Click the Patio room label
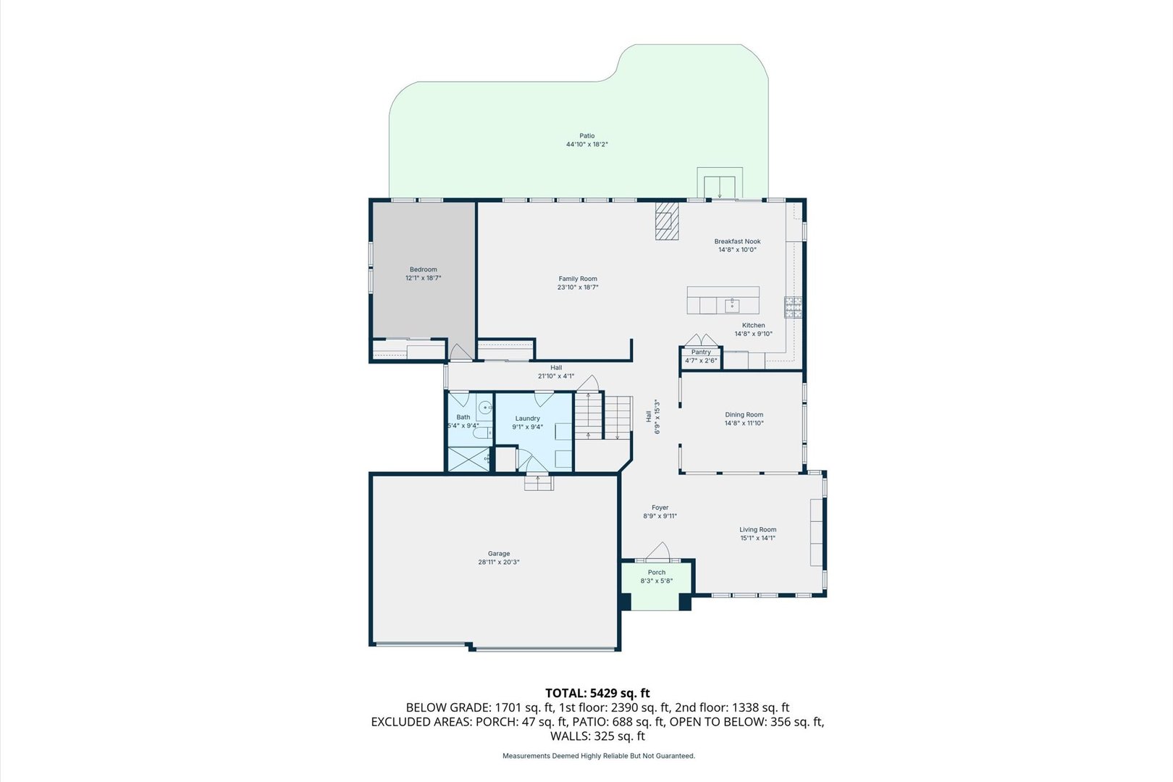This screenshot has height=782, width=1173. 586,135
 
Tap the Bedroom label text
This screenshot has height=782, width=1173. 423,270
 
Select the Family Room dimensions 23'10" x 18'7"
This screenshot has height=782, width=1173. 578,287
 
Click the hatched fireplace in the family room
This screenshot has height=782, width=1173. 667,221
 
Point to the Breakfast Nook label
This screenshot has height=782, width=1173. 737,241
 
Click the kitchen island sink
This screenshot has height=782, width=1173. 731,304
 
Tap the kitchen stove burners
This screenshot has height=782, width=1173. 792,308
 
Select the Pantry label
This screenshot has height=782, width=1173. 701,352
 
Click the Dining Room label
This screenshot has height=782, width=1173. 744,415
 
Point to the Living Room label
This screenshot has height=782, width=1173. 757,529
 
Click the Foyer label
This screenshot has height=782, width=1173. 660,508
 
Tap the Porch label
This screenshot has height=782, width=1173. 656,573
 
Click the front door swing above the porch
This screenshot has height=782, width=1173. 659,551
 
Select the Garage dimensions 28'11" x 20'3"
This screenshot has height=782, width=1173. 498,562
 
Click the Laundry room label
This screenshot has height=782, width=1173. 527,419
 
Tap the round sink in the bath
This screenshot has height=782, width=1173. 485,407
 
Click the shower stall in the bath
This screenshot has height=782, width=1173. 468,459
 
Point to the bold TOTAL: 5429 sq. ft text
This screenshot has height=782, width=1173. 597,693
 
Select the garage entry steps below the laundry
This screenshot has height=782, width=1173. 539,482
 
